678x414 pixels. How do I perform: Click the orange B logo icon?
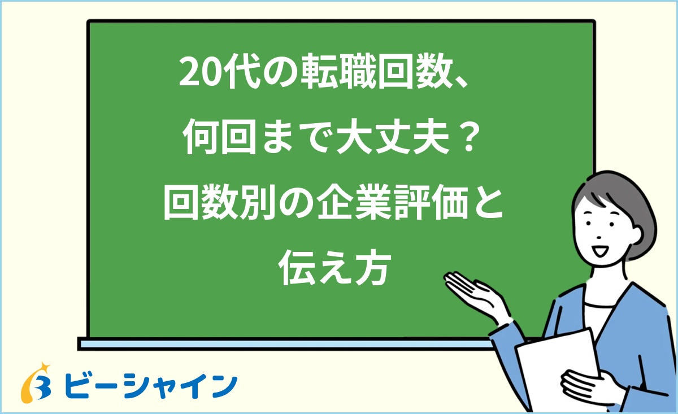(x=36, y=383)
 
